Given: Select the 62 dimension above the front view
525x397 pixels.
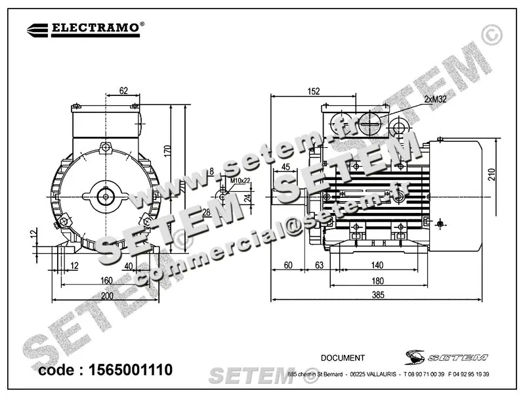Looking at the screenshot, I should pos(124,91).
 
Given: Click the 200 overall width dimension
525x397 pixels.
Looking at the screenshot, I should pos(107,296).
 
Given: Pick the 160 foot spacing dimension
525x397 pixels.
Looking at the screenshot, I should pos(107,280).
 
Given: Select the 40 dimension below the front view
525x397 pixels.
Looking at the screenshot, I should pos(129,266).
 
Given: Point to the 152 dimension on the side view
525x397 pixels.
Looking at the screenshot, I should pos(313,92).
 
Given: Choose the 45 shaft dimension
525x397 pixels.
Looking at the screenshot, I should pos(286,167).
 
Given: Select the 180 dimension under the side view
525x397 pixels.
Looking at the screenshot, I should pos(377,281).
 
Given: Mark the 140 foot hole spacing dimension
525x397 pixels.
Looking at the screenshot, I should pos(377,266).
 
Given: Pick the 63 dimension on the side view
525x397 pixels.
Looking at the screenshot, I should pos(320,266).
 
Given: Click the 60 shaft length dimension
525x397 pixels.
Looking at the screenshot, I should pos(287,266).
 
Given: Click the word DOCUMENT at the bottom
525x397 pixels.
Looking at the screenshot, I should pos(343,358).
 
